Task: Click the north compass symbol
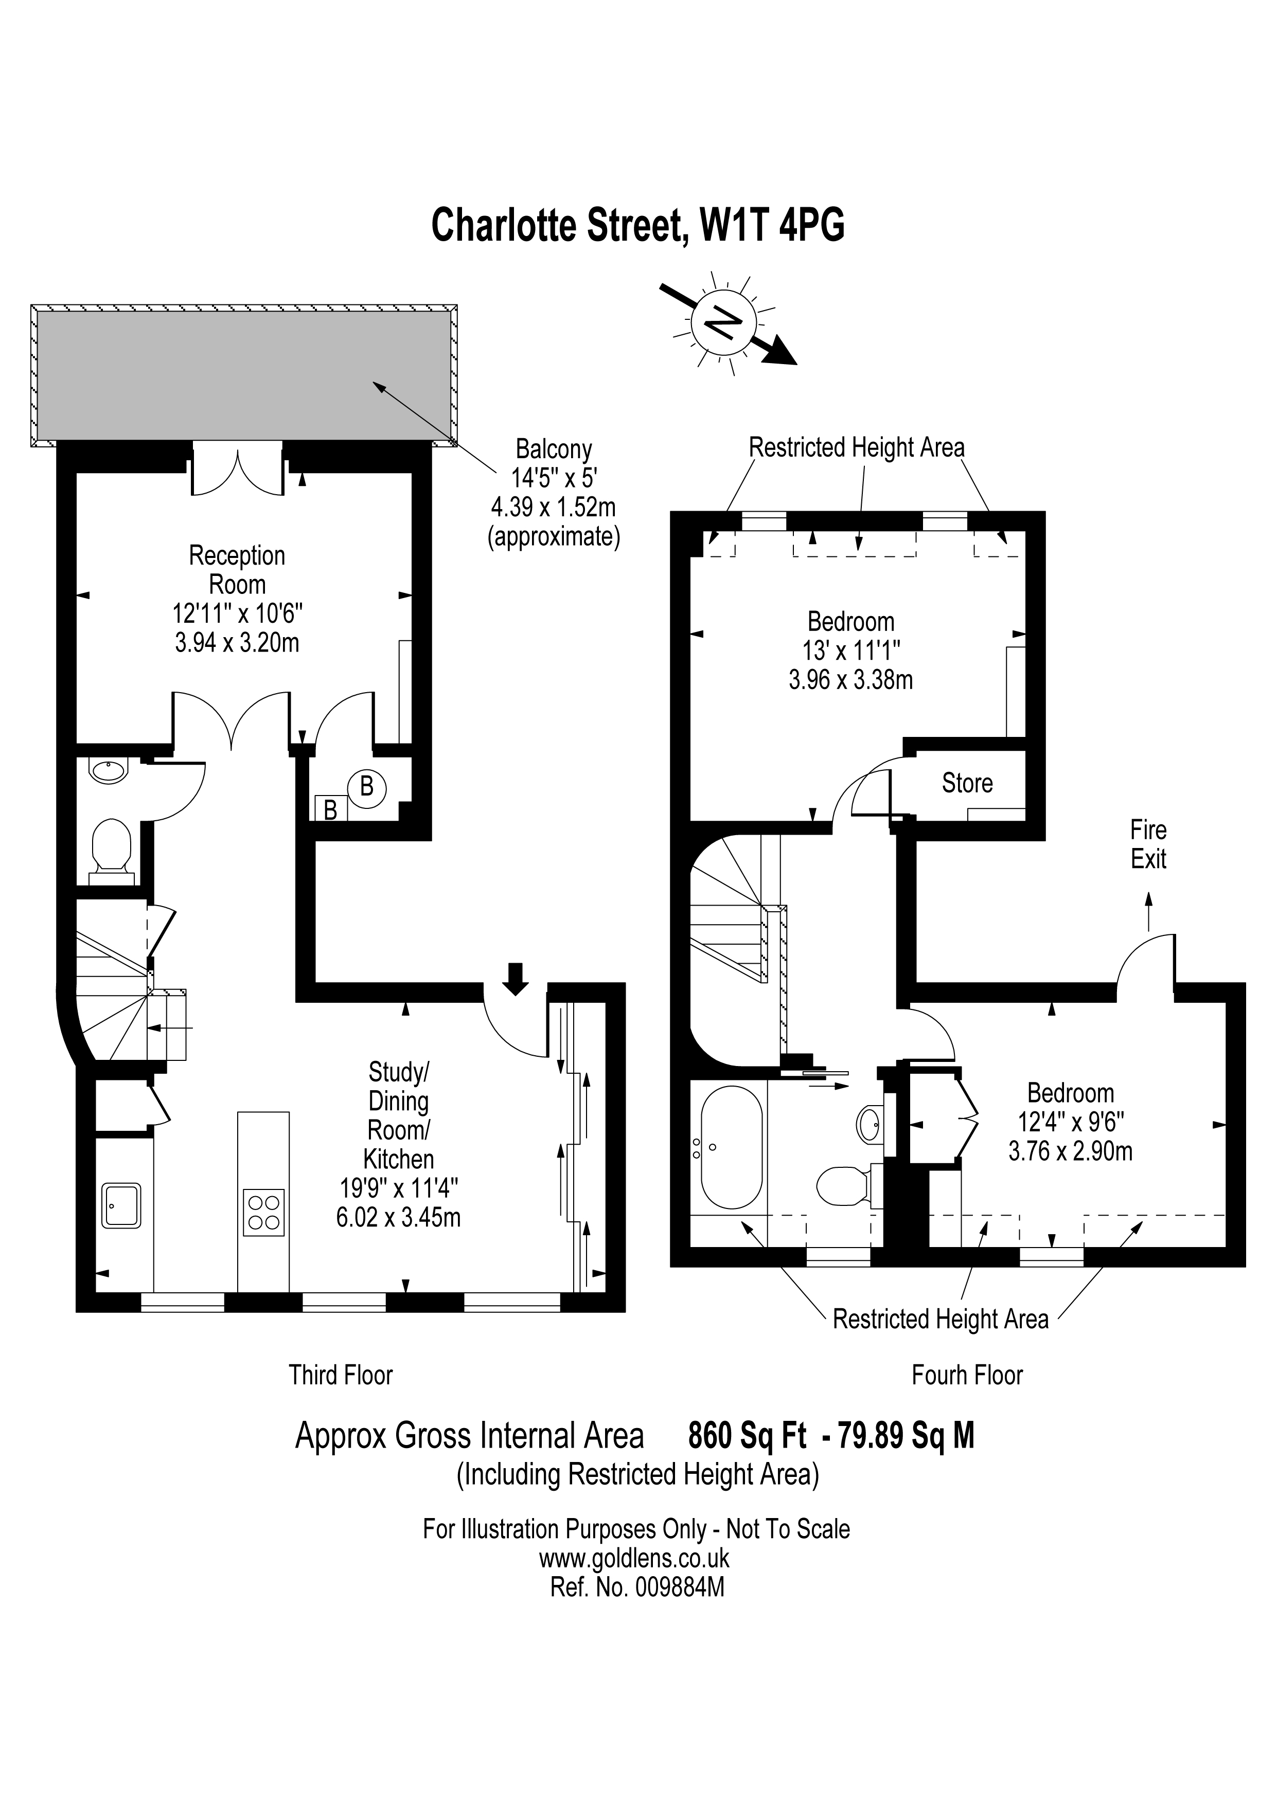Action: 723,323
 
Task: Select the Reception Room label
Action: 237,569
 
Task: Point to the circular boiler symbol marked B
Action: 366,786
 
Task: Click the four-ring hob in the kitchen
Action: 263,1212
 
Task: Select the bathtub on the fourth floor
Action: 731,1148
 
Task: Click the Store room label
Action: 967,783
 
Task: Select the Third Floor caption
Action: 341,1375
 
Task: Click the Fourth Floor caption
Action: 967,1375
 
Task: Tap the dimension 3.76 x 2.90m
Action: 1070,1152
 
